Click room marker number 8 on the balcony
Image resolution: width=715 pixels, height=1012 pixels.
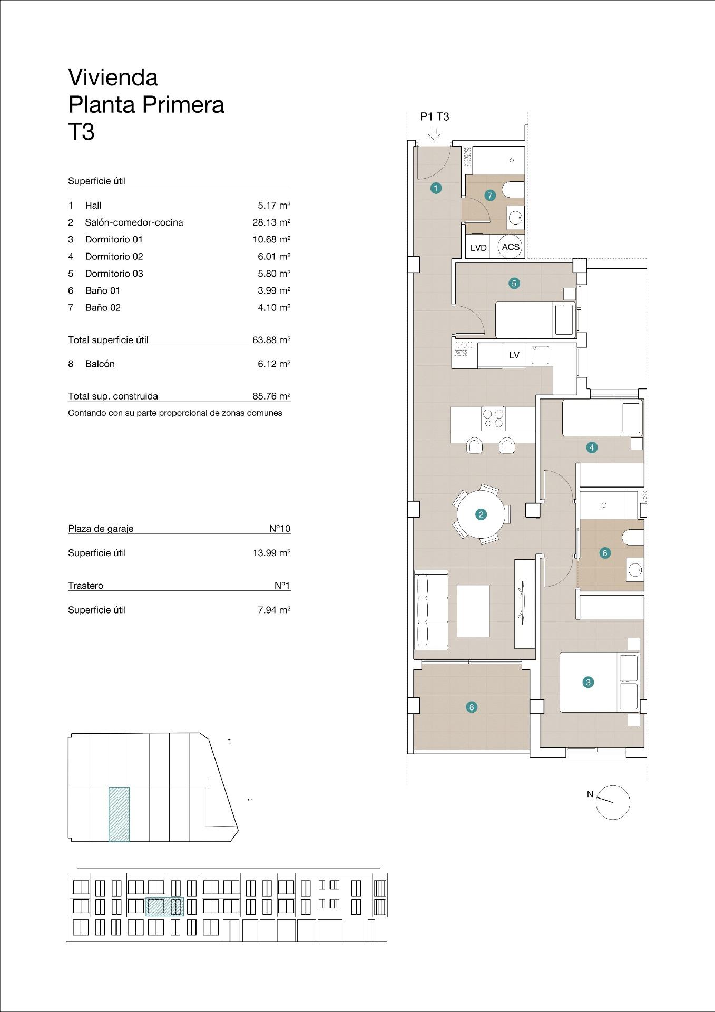pyautogui.click(x=472, y=707)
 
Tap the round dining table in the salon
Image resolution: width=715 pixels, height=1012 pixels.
pyautogui.click(x=481, y=514)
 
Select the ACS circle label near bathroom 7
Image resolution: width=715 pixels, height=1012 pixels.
pyautogui.click(x=510, y=247)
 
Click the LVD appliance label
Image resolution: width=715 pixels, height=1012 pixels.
pyautogui.click(x=478, y=248)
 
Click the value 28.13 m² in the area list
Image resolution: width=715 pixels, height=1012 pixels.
pyautogui.click(x=271, y=222)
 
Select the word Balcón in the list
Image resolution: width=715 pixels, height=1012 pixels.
pyautogui.click(x=100, y=364)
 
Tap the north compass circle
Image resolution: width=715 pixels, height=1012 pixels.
pyautogui.click(x=613, y=802)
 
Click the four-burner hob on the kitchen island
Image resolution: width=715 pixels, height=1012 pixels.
pyautogui.click(x=493, y=418)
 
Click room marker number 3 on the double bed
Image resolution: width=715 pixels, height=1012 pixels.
pyautogui.click(x=588, y=682)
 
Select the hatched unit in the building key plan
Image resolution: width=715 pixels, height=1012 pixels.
pyautogui.click(x=119, y=814)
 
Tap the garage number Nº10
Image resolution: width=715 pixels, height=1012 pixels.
pyautogui.click(x=280, y=529)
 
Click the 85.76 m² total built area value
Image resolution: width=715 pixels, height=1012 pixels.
pyautogui.click(x=271, y=396)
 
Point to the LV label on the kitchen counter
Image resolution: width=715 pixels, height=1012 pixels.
pyautogui.click(x=514, y=355)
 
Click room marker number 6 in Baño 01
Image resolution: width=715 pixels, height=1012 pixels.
pyautogui.click(x=605, y=553)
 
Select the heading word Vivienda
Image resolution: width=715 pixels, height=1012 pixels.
pyautogui.click(x=113, y=77)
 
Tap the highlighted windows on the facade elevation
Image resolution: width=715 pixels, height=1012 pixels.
pyautogui.click(x=164, y=907)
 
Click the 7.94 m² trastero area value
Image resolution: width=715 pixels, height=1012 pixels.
pyautogui.click(x=274, y=610)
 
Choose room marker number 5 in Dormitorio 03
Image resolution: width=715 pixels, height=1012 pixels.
pyautogui.click(x=514, y=283)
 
